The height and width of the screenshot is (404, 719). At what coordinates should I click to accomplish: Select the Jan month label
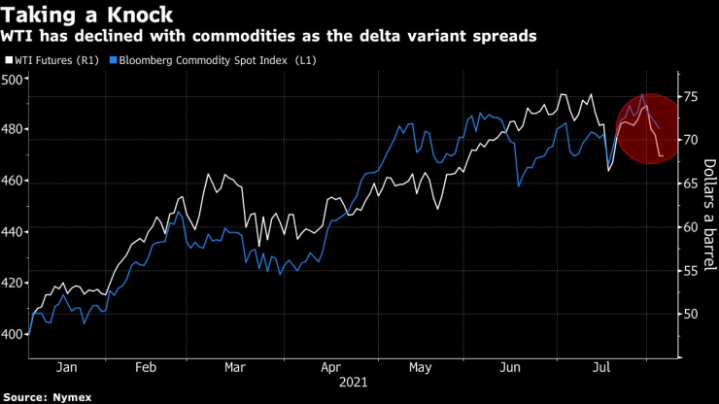(67, 368)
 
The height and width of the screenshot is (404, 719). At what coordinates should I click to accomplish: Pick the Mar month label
(234, 368)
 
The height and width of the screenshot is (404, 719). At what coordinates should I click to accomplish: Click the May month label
(419, 368)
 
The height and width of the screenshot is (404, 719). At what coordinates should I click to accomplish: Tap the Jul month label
(601, 368)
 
